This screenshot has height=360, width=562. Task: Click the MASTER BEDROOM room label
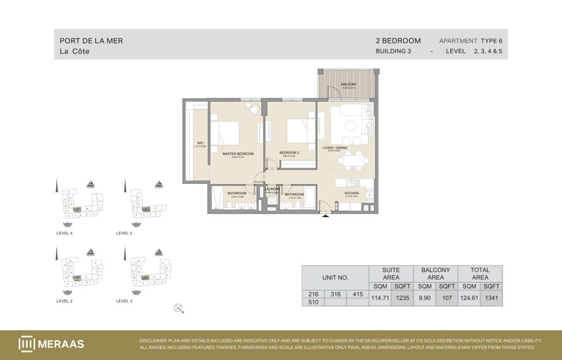(238, 154)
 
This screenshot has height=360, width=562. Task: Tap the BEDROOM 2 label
(289, 152)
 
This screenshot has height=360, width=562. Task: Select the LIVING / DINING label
(335, 148)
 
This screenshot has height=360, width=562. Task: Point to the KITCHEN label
(352, 193)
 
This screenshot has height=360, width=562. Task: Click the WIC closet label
(200, 143)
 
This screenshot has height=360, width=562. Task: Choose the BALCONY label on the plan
(349, 84)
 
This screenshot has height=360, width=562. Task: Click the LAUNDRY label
(273, 189)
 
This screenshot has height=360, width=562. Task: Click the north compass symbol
(178, 308)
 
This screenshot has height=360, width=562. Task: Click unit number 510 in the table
(313, 302)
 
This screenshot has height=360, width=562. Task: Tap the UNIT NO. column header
(335, 277)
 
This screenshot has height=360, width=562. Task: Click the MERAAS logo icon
(27, 344)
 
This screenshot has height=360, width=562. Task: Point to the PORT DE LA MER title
(91, 41)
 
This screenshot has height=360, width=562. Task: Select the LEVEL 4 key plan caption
(65, 233)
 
